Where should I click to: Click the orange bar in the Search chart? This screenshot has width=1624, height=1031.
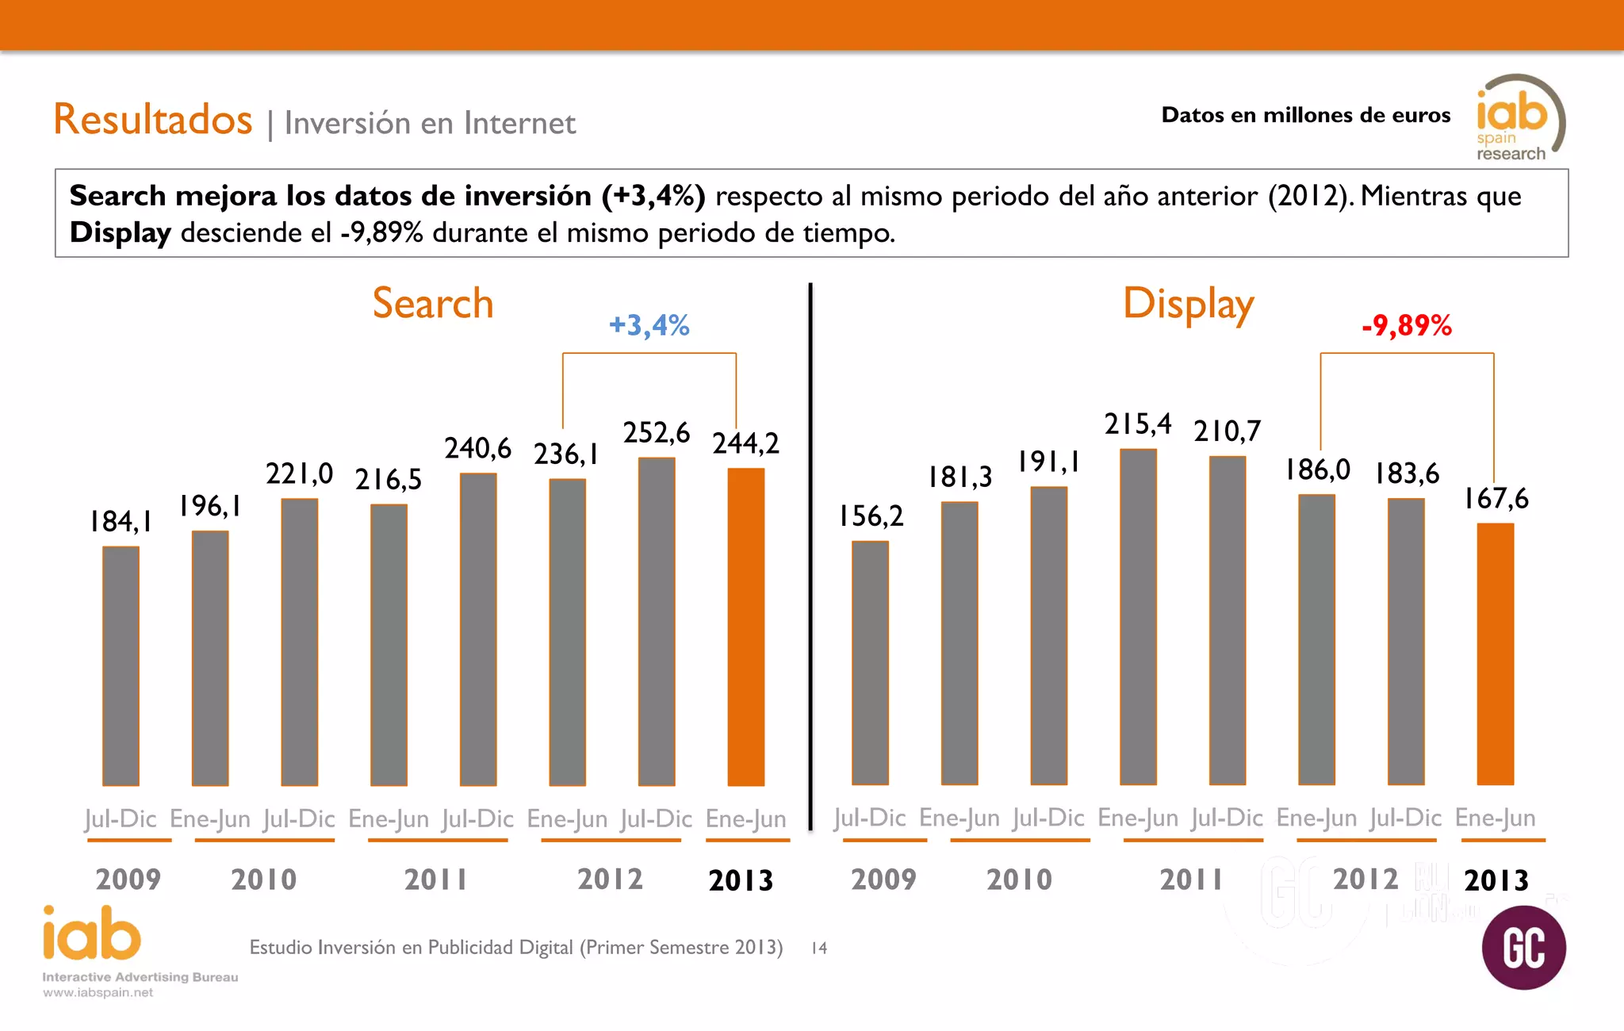click(746, 627)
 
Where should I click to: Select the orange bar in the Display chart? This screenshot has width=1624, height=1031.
click(1496, 654)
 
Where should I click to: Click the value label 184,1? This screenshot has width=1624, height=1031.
click(121, 522)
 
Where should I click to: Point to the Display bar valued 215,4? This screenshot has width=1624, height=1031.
click(1138, 617)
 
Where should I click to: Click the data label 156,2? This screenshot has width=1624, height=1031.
click(871, 516)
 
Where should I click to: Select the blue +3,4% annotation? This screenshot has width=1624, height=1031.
click(649, 325)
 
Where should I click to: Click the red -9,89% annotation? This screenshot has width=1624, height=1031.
click(1407, 325)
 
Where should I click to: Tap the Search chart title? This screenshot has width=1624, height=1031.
click(433, 304)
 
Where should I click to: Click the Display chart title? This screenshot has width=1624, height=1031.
click(1188, 305)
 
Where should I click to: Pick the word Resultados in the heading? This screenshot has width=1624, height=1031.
click(153, 120)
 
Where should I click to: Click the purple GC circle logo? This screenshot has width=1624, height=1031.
click(1523, 948)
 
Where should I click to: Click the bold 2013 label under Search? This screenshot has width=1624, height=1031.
click(741, 880)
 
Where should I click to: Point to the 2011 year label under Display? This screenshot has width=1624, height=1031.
click(1191, 880)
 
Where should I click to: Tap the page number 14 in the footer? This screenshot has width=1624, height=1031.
click(819, 948)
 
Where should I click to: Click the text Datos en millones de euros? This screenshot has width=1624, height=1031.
click(1305, 115)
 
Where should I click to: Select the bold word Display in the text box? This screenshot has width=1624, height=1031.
click(120, 233)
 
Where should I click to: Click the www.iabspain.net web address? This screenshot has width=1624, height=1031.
click(98, 993)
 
